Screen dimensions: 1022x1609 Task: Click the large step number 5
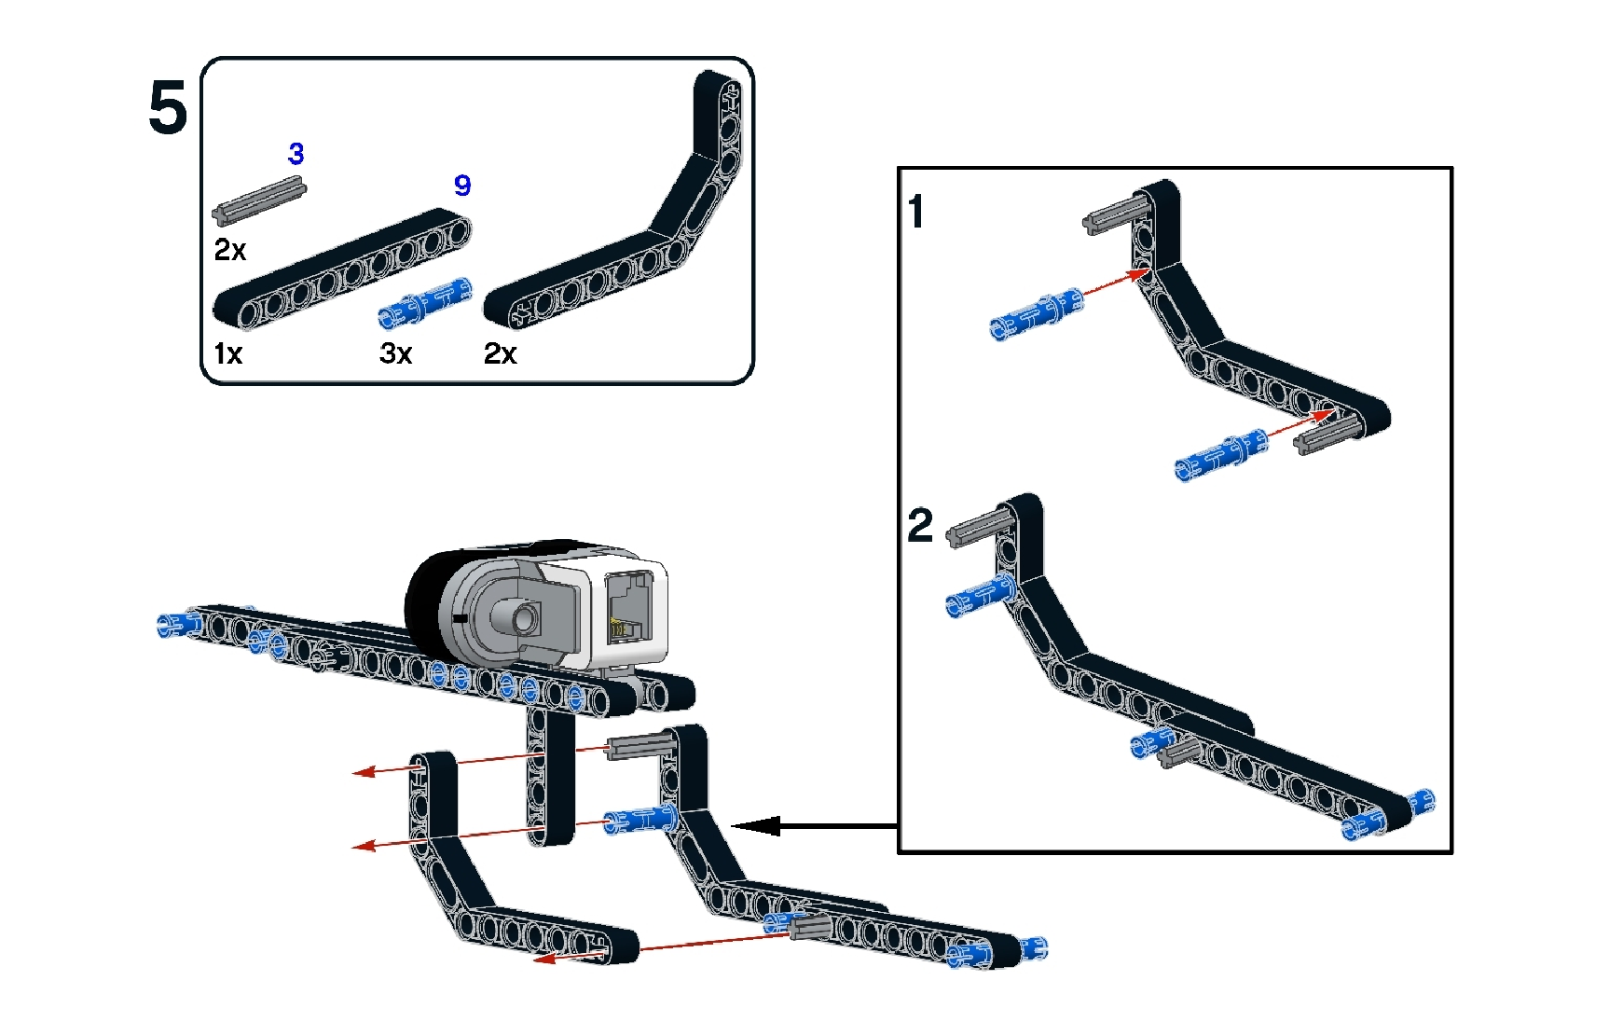tap(168, 108)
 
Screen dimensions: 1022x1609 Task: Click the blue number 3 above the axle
tap(296, 154)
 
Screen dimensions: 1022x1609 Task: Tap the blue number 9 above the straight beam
tap(462, 186)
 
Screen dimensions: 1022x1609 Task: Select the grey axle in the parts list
tap(259, 200)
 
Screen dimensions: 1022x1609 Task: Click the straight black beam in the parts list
tap(341, 269)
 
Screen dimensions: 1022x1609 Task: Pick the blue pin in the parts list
tap(425, 303)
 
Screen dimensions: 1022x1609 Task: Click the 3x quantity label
tap(395, 354)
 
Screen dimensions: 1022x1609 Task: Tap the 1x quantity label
tap(227, 354)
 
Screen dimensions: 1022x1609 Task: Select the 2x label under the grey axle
tap(229, 251)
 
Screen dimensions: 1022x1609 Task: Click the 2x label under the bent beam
tap(500, 354)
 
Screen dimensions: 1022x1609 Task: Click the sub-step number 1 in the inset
tap(916, 212)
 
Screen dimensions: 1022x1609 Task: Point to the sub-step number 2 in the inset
tap(919, 525)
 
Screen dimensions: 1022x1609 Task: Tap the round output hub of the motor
tap(522, 616)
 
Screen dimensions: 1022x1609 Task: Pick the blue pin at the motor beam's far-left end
tap(178, 624)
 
